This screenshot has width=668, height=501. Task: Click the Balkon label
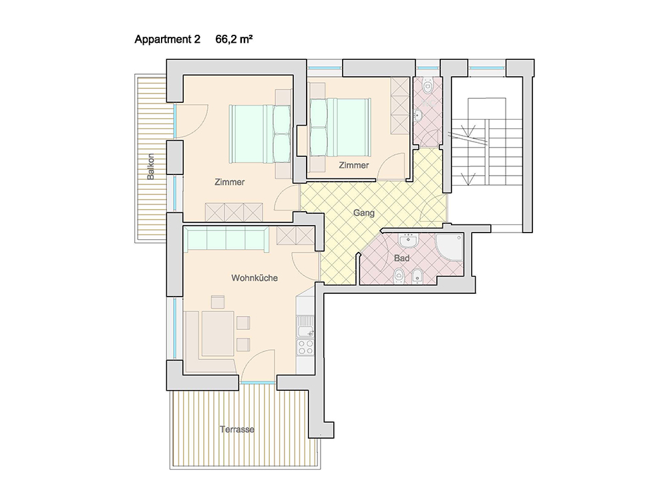pos(150,166)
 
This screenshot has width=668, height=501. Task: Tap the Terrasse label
pos(237,429)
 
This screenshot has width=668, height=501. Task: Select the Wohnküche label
pos(255,278)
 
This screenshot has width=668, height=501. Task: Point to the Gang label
pos(364,212)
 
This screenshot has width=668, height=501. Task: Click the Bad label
pos(401,258)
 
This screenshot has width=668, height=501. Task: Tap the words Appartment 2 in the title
pos(167,39)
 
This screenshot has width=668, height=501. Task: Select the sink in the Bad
pos(409,240)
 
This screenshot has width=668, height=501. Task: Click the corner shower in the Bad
pos(450,246)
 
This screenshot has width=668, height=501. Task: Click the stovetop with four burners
pos(305,347)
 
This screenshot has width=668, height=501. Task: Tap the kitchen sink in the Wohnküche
pos(305,327)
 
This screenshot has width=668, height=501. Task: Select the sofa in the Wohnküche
pos(226,239)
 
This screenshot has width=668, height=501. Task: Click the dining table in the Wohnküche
pos(218,333)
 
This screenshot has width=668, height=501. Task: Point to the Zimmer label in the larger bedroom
pos(230,182)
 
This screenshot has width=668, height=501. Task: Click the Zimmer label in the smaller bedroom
pos(353,165)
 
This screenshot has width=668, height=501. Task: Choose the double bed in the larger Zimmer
pos(260,134)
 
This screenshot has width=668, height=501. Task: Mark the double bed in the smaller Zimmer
pos(339,128)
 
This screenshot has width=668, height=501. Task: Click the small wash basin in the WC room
pos(417,116)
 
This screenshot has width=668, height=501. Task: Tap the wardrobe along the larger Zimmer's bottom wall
pos(234,212)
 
